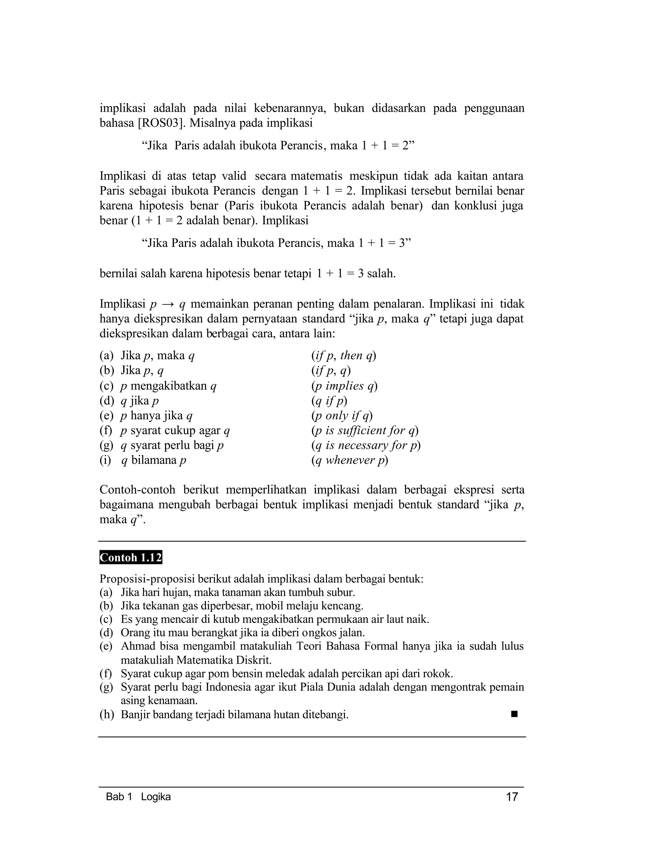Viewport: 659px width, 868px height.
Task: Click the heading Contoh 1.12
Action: [x=131, y=558]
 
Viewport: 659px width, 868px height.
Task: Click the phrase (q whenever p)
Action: [x=349, y=460]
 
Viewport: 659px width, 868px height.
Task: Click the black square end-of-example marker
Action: [x=514, y=714]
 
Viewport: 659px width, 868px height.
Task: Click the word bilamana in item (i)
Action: [x=154, y=460]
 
